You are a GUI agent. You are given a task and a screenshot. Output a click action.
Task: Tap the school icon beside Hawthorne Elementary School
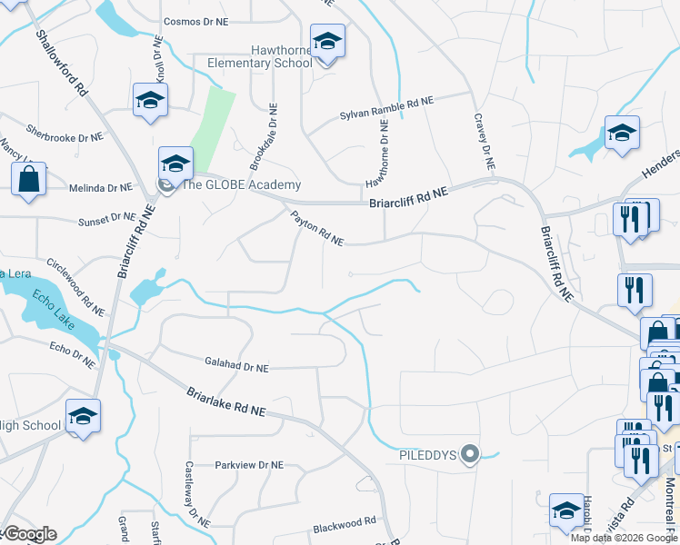click(x=326, y=42)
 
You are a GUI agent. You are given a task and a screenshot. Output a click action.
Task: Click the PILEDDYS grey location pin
click(x=469, y=453)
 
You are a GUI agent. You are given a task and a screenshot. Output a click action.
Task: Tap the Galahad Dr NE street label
click(x=236, y=367)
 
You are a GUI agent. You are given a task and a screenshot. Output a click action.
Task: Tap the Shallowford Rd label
click(x=62, y=64)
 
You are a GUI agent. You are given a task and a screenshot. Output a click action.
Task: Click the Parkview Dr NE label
click(x=249, y=465)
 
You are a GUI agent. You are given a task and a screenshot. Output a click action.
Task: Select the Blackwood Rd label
click(x=344, y=523)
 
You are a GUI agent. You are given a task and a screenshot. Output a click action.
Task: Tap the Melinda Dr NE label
click(x=101, y=188)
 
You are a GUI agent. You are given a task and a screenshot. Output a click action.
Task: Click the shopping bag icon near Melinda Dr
click(x=28, y=178)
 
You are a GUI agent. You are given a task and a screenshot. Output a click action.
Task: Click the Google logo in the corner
click(x=29, y=534)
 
